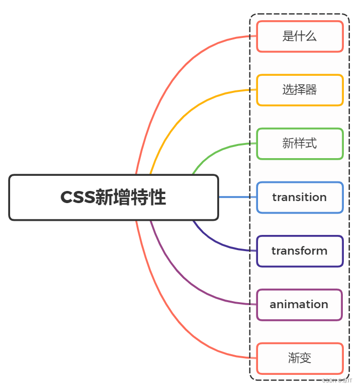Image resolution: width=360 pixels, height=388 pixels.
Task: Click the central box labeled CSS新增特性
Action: [114, 198]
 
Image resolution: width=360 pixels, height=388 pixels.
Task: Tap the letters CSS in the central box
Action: [77, 198]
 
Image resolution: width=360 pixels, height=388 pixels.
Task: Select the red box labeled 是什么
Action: [299, 36]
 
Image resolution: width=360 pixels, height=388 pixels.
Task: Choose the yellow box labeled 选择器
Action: [299, 90]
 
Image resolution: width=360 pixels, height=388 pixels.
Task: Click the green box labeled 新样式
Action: [299, 143]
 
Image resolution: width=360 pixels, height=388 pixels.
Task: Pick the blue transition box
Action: [299, 197]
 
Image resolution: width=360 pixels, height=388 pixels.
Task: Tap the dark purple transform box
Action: [299, 251]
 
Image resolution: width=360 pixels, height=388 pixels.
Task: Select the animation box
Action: [299, 305]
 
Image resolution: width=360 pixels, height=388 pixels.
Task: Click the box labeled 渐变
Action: [299, 358]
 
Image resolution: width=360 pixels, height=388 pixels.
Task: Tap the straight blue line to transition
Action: [237, 197]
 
